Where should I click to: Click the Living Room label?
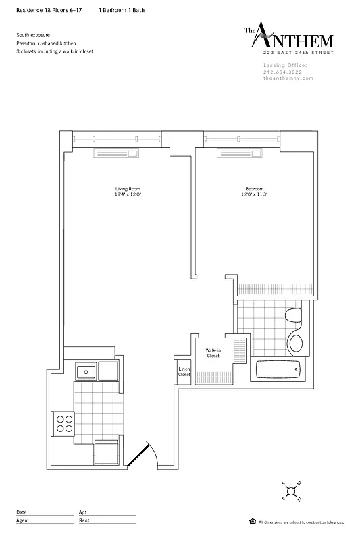pyautogui.click(x=128, y=188)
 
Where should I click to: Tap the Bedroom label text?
pyautogui.click(x=254, y=188)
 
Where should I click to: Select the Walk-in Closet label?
pyautogui.click(x=213, y=352)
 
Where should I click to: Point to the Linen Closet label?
pyautogui.click(x=184, y=371)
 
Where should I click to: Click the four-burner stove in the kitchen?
pyautogui.click(x=64, y=423)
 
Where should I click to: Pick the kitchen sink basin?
pyautogui.click(x=86, y=371)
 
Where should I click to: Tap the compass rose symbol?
pyautogui.click(x=291, y=490)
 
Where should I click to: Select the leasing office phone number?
pyautogui.click(x=284, y=72)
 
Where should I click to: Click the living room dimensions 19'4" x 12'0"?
pyautogui.click(x=128, y=194)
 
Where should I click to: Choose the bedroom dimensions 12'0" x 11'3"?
pyautogui.click(x=254, y=194)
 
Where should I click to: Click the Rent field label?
pyautogui.click(x=84, y=520)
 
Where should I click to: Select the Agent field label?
pyautogui.click(x=22, y=520)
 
